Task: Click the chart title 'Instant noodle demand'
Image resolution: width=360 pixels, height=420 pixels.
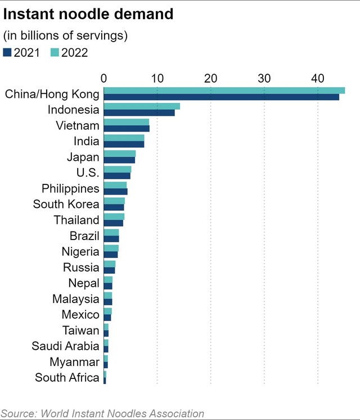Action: pyautogui.click(x=88, y=15)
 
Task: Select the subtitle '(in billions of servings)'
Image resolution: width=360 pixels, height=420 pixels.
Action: pyautogui.click(x=66, y=35)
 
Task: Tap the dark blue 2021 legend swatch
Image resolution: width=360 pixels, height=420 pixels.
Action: pyautogui.click(x=7, y=53)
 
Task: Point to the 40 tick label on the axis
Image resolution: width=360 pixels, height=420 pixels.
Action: pyautogui.click(x=317, y=78)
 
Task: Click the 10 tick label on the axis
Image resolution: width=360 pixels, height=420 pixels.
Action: pyautogui.click(x=157, y=78)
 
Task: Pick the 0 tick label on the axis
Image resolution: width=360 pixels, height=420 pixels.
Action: pyautogui.click(x=104, y=78)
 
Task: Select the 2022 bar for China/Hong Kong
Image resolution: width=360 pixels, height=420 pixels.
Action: pyautogui.click(x=224, y=91)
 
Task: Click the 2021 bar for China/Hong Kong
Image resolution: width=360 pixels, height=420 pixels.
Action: pyautogui.click(x=221, y=97)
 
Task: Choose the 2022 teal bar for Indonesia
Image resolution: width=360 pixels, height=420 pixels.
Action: pyautogui.click(x=142, y=106)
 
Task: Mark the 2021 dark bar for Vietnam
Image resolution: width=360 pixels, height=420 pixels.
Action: pyautogui.click(x=127, y=128)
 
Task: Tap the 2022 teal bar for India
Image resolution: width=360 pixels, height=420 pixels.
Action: pyautogui.click(x=124, y=138)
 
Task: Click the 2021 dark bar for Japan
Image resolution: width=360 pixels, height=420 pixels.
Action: pyautogui.click(x=119, y=160)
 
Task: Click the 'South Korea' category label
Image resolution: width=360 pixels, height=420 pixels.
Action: pyautogui.click(x=66, y=204)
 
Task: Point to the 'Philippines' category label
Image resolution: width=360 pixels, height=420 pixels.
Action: pyautogui.click(x=70, y=188)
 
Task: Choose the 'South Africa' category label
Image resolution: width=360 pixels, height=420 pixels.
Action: pyautogui.click(x=67, y=377)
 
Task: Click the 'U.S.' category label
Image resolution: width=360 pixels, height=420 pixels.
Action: pyautogui.click(x=87, y=173)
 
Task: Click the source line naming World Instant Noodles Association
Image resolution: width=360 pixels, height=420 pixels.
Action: pyautogui.click(x=102, y=413)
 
